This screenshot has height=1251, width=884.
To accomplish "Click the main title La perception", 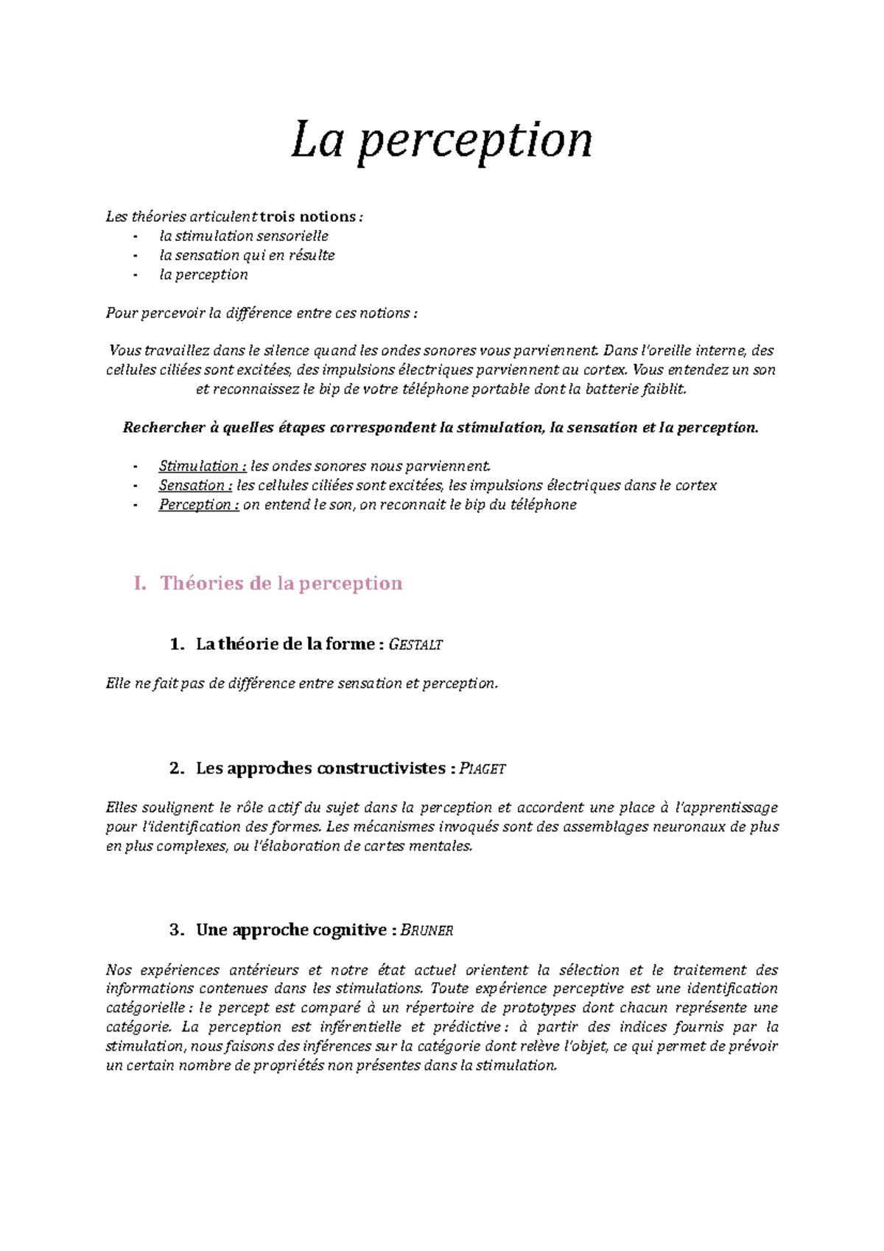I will pyautogui.click(x=441, y=140).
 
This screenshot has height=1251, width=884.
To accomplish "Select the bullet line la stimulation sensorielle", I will pyautogui.click(x=244, y=236).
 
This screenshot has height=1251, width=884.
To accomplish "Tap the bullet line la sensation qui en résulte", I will pyautogui.click(x=247, y=255).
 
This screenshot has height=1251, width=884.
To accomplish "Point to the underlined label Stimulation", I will pyautogui.click(x=198, y=466).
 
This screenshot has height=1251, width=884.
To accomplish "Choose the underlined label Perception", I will pyautogui.click(x=198, y=505).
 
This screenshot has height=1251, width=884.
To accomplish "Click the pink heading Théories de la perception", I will pyautogui.click(x=281, y=584).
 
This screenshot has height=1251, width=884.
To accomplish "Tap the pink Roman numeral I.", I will pyautogui.click(x=140, y=584).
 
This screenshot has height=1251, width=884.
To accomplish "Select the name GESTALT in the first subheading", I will pyautogui.click(x=415, y=645).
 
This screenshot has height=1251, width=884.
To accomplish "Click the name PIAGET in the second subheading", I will pyautogui.click(x=483, y=768).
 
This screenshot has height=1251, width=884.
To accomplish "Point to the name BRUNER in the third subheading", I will pyautogui.click(x=427, y=931).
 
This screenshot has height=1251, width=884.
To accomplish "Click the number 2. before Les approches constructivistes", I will pyautogui.click(x=176, y=768).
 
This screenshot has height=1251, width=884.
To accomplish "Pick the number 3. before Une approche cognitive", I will pyautogui.click(x=176, y=931).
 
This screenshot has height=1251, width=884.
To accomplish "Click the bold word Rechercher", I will pyautogui.click(x=164, y=427).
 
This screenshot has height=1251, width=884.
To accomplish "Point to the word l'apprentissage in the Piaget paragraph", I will pyautogui.click(x=726, y=807).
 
